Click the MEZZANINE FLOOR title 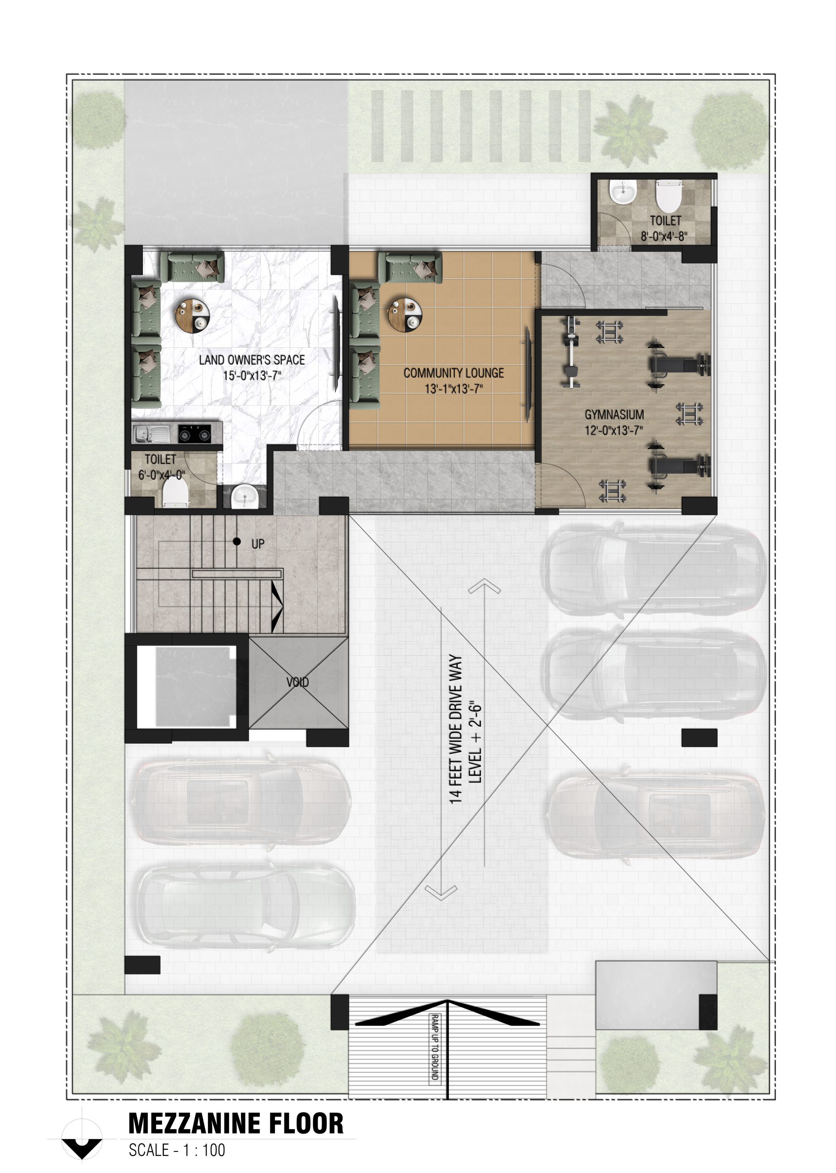click(236, 1124)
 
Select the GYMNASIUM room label click(614, 415)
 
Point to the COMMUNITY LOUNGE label click(454, 373)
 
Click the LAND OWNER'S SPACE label click(252, 360)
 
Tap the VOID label click(298, 682)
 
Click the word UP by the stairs click(258, 544)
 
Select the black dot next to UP click(237, 541)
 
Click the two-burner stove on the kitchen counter click(195, 434)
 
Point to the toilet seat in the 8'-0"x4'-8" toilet click(669, 196)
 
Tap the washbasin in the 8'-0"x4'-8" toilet click(623, 191)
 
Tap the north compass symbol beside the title click(82, 1139)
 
